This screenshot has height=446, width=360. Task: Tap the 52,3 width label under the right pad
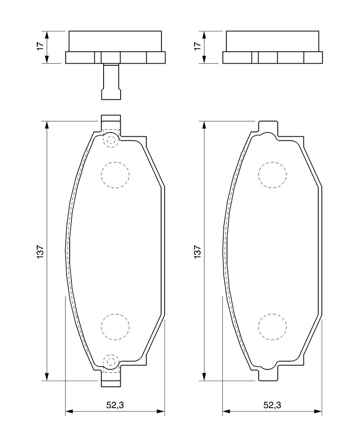point(272,405)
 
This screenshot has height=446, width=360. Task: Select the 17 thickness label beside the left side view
point(40,47)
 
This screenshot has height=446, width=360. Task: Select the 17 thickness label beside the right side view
point(197,47)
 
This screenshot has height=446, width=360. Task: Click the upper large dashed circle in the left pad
point(115,175)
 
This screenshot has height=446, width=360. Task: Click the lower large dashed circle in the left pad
point(115,327)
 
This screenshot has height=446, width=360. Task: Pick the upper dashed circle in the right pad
point(272,175)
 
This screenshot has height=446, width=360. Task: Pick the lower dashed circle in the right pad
point(272,327)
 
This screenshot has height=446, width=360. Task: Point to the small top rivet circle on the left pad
point(111,140)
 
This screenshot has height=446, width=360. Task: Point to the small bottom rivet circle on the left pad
point(111,361)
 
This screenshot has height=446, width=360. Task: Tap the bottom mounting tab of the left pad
point(111,380)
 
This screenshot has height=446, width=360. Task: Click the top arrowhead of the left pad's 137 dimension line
point(47,125)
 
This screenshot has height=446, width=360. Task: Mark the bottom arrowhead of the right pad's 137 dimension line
point(204,376)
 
